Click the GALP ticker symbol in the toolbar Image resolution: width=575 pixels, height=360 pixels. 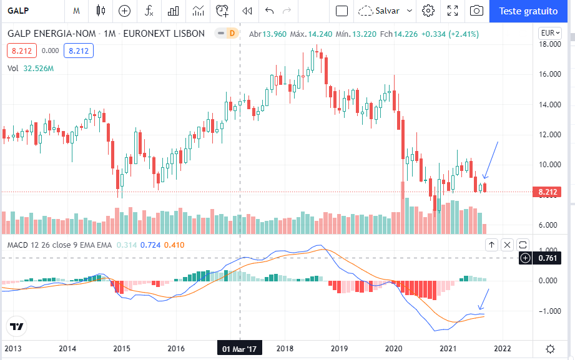click(x=19, y=11)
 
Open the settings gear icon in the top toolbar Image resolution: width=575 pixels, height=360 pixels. click(x=428, y=11)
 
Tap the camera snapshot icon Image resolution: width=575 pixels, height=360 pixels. click(x=476, y=11)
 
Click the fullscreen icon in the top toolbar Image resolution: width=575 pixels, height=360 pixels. click(x=453, y=11)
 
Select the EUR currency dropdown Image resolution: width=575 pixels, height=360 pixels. click(x=550, y=33)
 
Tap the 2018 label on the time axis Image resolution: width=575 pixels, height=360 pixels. click(x=285, y=349)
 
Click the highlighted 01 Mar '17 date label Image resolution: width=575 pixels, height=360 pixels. click(x=240, y=349)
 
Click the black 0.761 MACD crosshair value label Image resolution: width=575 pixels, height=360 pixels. click(x=548, y=258)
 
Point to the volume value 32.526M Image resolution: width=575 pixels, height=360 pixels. click(x=39, y=69)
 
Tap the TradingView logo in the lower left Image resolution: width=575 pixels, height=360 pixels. click(x=17, y=326)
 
